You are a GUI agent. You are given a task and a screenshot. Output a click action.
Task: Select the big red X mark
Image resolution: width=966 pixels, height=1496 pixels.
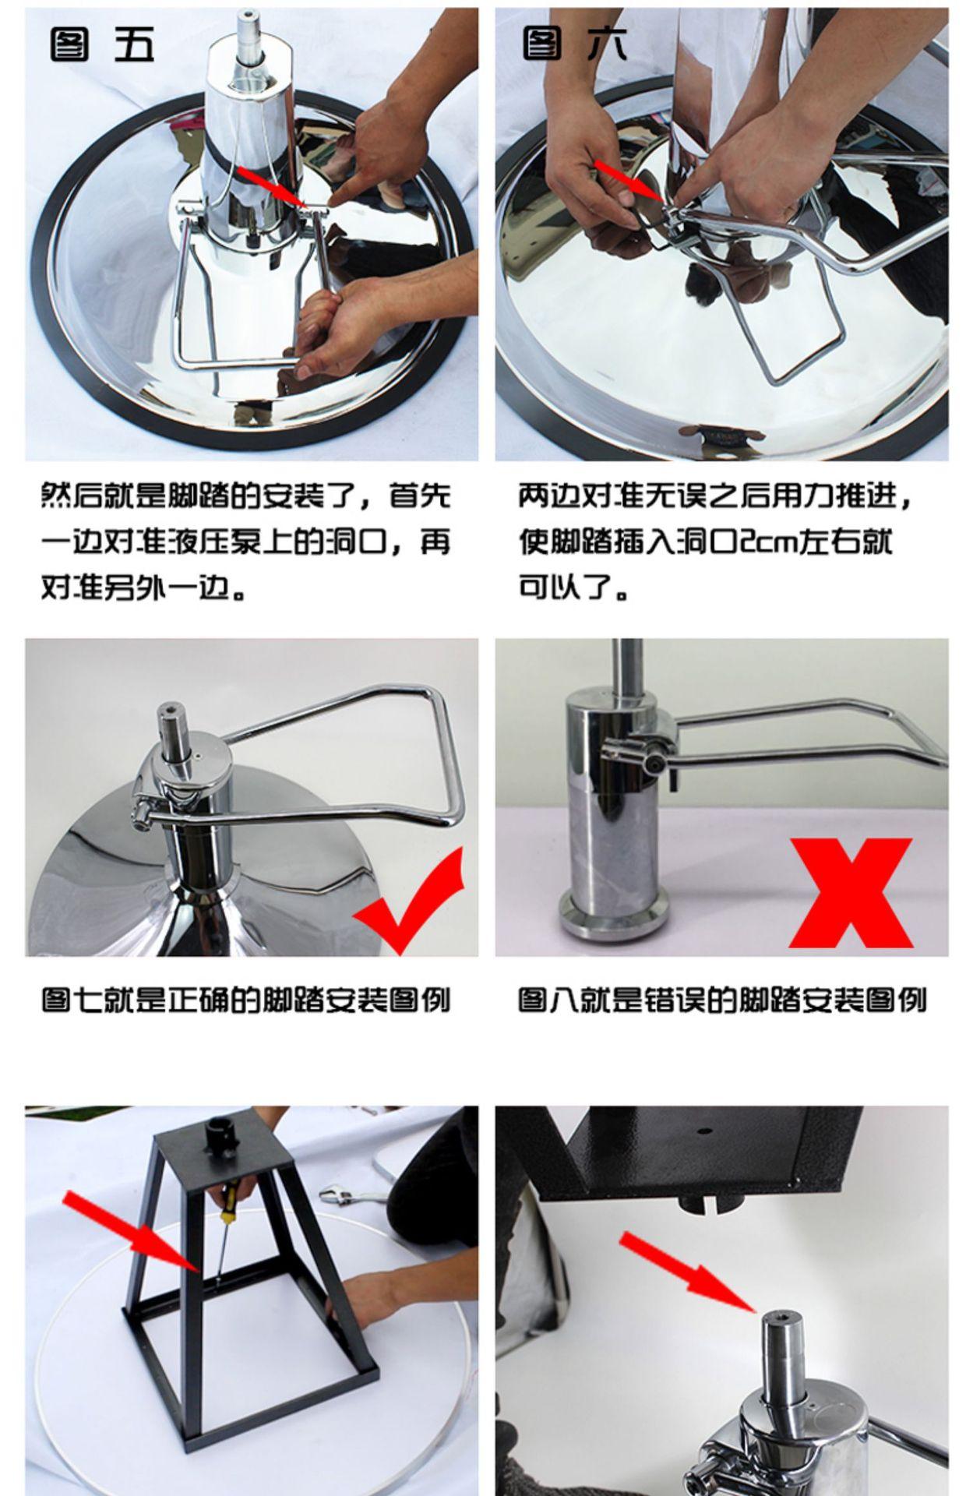click(x=851, y=893)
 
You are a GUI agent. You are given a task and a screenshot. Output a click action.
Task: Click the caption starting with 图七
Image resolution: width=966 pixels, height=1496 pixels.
click(x=246, y=1000)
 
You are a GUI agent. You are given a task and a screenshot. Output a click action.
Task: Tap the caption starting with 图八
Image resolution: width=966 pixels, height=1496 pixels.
click(x=722, y=1000)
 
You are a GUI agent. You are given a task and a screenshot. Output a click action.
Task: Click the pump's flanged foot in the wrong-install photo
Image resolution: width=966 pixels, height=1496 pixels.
click(x=612, y=916)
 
